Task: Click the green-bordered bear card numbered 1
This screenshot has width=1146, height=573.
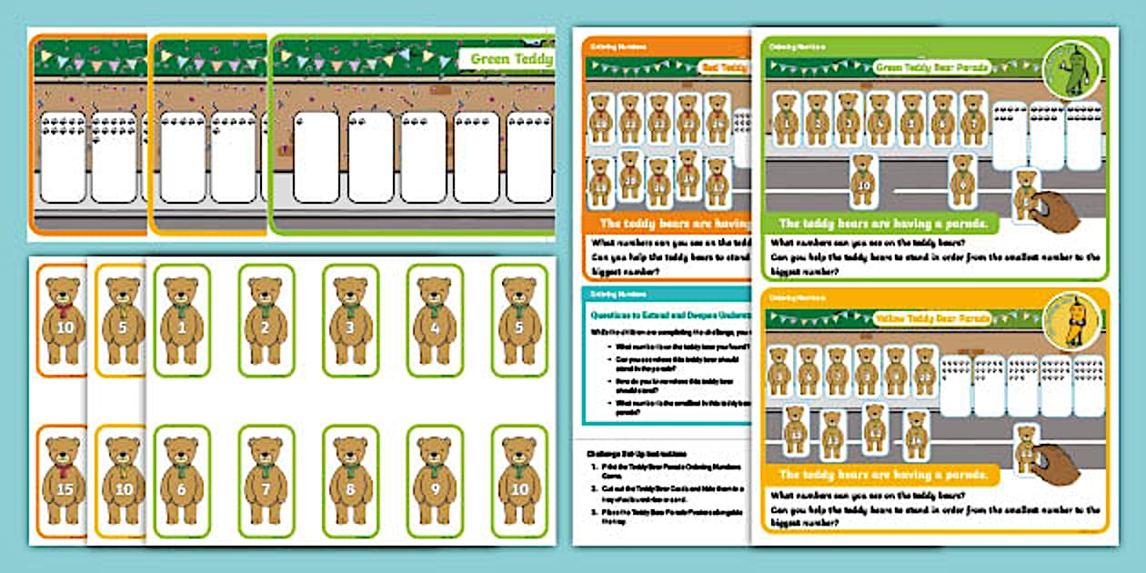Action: (181, 320)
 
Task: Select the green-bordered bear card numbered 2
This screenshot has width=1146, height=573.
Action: (266, 320)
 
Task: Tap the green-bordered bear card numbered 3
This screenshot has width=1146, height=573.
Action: (350, 320)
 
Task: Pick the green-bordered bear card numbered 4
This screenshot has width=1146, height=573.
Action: (435, 320)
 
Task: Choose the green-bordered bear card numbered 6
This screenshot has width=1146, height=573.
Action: (181, 481)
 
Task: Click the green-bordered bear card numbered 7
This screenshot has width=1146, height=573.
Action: (266, 481)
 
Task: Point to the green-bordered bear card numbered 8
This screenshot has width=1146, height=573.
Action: (350, 481)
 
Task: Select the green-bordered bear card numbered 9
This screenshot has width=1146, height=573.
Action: (435, 481)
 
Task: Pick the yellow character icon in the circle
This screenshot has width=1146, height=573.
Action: (1075, 319)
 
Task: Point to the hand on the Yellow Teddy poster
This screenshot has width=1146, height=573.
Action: (1055, 463)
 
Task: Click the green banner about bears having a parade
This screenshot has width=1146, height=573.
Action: (881, 224)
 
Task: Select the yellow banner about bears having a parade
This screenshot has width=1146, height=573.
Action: (881, 475)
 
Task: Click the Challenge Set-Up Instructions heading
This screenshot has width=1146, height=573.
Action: (637, 452)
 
